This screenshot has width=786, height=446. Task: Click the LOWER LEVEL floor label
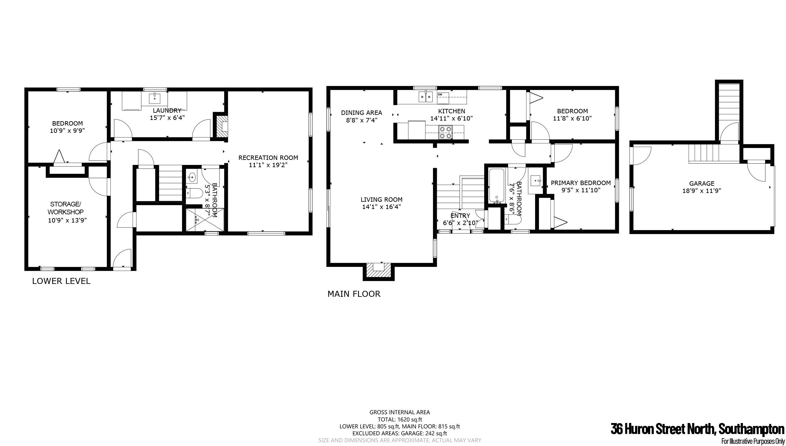tap(61, 281)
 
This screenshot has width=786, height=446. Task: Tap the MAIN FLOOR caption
tap(354, 294)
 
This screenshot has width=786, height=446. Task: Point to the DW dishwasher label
tap(440, 94)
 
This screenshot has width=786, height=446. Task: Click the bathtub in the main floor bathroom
tap(497, 186)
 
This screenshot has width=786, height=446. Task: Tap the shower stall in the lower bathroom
tap(205, 219)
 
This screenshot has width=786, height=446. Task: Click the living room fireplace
tap(379, 271)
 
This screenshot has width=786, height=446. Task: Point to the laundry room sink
tap(155, 98)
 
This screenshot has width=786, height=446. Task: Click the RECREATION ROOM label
tap(268, 158)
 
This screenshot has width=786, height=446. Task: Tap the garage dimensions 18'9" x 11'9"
tap(702, 191)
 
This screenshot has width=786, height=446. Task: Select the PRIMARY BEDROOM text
tap(581, 183)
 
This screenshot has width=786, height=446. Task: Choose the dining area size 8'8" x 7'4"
tap(362, 120)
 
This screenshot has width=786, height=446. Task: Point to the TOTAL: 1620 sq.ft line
tap(400, 419)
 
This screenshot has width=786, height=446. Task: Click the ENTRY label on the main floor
tap(460, 216)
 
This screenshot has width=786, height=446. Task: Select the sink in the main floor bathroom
tap(535, 181)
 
